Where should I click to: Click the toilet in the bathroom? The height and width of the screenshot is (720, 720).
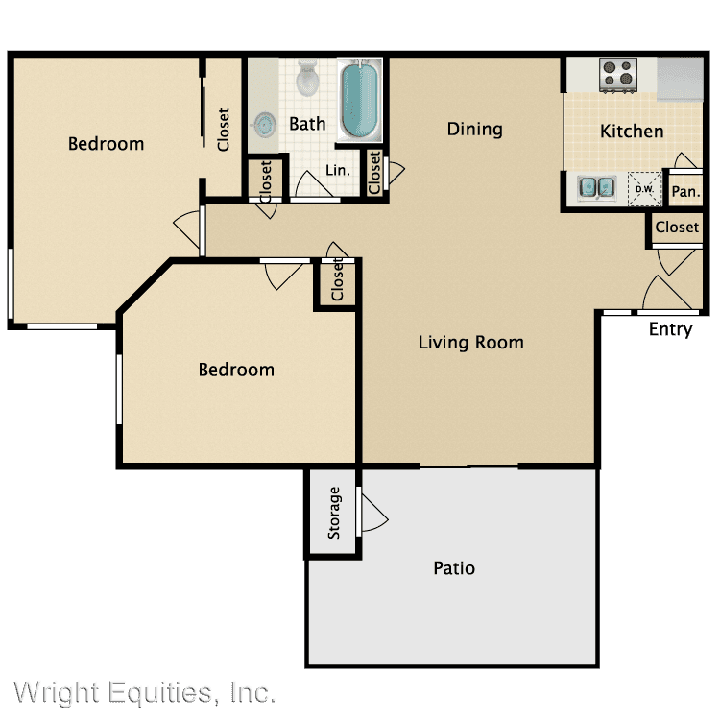[307, 77]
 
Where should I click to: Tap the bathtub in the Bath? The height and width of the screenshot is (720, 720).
[360, 100]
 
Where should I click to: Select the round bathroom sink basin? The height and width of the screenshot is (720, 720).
[265, 125]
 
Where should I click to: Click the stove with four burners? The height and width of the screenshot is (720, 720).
[618, 74]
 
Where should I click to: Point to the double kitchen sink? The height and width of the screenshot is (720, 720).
[596, 187]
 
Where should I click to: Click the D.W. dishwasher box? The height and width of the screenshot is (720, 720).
[644, 189]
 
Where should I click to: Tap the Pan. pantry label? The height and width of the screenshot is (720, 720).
[686, 191]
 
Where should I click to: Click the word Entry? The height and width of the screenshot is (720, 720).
[670, 329]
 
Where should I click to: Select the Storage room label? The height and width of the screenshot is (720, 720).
[334, 513]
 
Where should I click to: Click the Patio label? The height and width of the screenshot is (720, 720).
[454, 568]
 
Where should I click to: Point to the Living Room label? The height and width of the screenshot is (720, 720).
[470, 343]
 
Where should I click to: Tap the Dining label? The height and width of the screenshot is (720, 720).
[475, 130]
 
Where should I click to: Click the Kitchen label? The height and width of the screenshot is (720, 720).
[632, 132]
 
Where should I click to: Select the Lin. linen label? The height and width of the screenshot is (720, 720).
[338, 170]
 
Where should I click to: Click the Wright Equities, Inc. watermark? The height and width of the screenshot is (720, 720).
[145, 692]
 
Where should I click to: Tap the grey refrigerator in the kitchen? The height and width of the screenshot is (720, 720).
[680, 79]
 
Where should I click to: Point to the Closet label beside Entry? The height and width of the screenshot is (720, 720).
[677, 227]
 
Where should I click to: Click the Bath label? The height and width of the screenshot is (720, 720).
[307, 124]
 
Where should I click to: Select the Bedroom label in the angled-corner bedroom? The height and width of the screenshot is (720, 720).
[236, 370]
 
